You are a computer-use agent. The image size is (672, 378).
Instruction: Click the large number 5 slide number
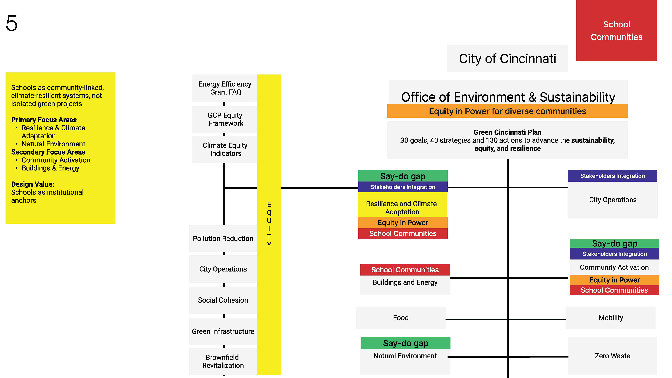[x=12, y=23]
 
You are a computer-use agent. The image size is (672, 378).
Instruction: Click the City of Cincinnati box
[x=507, y=58]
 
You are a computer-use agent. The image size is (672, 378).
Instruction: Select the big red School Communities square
[x=616, y=30]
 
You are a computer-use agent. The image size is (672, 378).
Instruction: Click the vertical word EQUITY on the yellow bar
[x=269, y=224]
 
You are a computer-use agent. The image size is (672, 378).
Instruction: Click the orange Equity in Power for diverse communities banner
[x=507, y=111]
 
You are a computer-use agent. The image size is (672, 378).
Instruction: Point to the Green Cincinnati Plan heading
[x=507, y=132]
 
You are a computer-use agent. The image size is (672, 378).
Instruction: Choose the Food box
[x=401, y=318]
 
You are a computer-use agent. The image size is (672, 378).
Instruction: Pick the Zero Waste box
[x=612, y=356]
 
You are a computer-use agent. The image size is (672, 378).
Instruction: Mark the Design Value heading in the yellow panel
[x=33, y=184]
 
